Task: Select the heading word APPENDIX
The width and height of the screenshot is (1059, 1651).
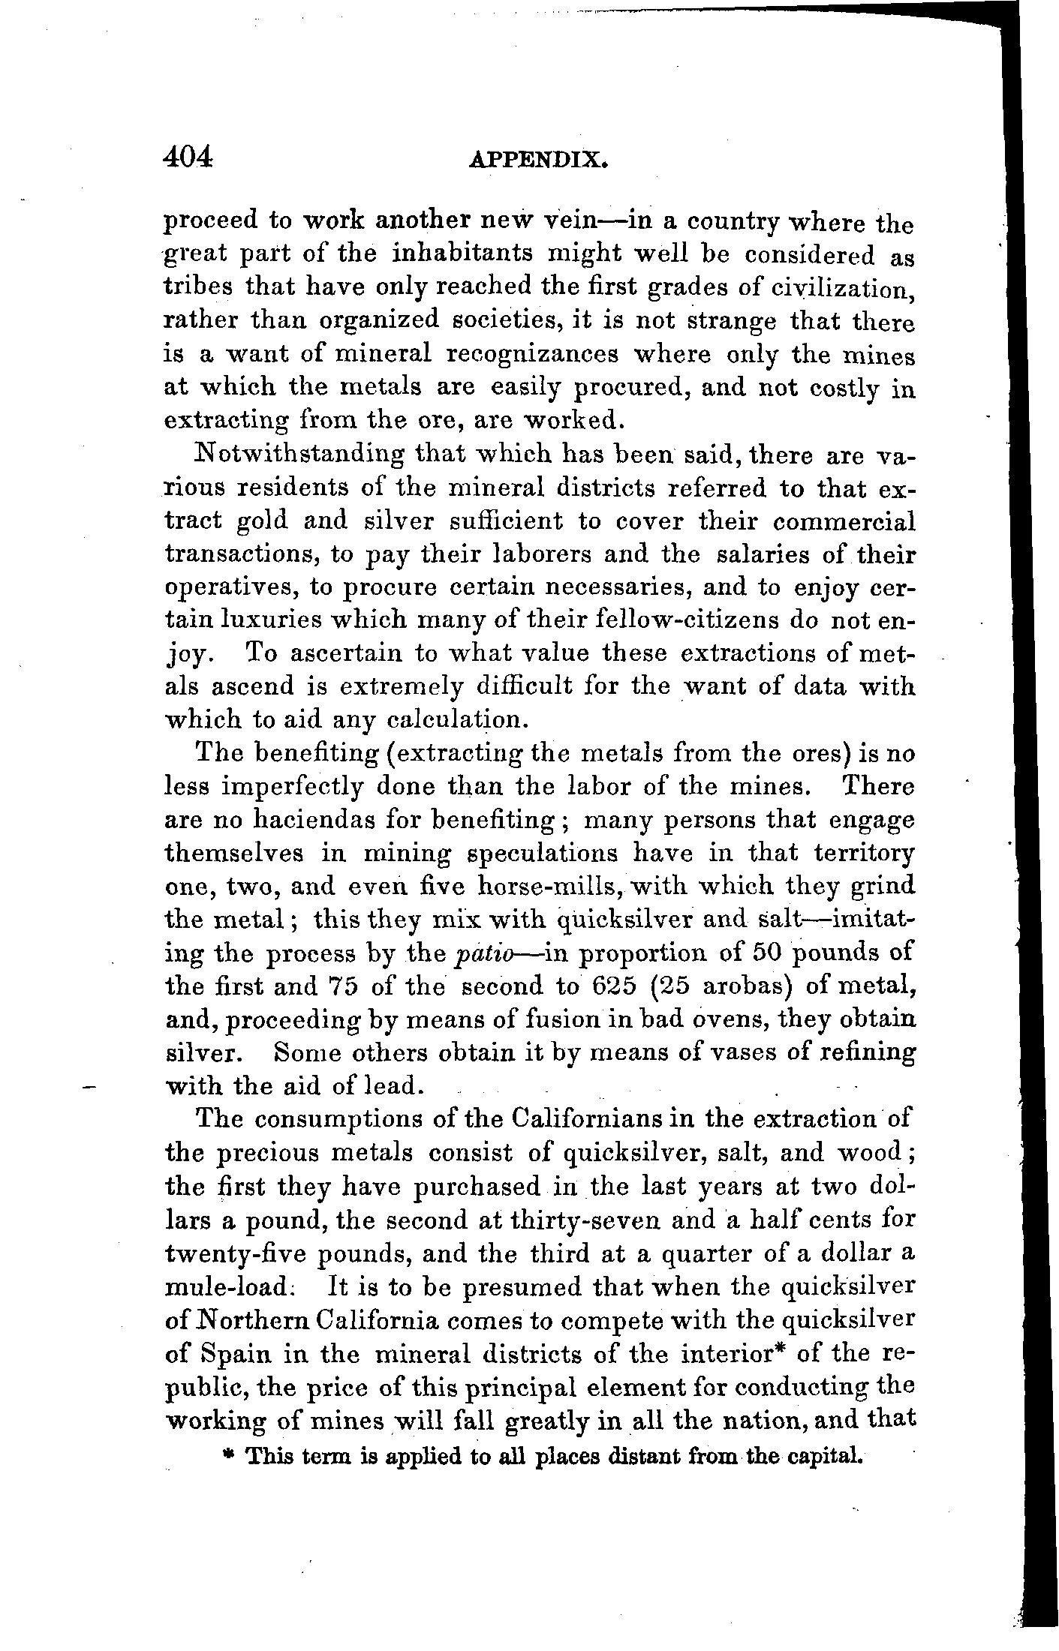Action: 536,161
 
